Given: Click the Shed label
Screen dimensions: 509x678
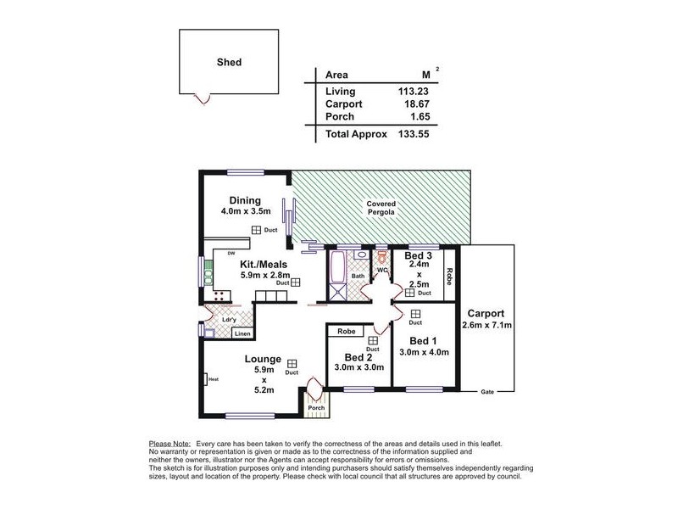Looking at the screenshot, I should (228, 62).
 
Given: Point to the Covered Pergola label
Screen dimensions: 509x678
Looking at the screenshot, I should (381, 209).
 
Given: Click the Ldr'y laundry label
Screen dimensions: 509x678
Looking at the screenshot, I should (229, 320).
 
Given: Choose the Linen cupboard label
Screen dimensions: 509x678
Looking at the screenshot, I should (242, 334).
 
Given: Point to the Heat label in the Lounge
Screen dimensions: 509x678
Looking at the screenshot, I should (214, 379).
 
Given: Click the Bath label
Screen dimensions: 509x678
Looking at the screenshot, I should (358, 276).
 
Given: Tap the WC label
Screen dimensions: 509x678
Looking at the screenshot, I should (382, 271).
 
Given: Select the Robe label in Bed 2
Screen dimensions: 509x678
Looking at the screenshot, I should (346, 331).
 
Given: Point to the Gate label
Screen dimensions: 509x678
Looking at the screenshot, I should (486, 393).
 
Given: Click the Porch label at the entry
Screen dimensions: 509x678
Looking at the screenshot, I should (316, 408).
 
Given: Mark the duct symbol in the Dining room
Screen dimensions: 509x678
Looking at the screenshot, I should (255, 230).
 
